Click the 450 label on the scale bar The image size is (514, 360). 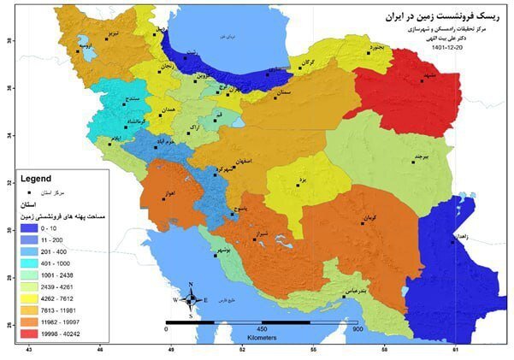[263, 328]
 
